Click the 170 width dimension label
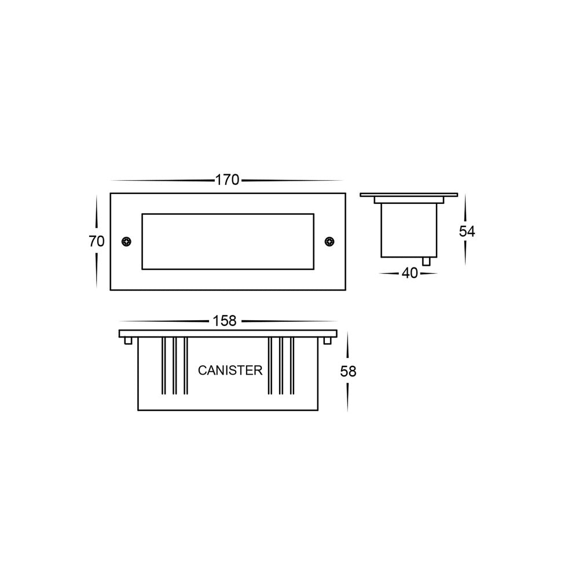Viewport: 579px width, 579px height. coord(227,180)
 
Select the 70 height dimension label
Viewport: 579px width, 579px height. coord(97,241)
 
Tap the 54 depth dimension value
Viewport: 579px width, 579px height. coord(467,231)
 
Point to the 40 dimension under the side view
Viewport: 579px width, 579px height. coord(409,273)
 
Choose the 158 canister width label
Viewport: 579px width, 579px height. coord(225,321)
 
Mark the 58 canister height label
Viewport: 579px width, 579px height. coord(348,372)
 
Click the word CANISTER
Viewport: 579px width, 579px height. coord(230,371)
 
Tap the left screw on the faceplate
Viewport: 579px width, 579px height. coord(126,241)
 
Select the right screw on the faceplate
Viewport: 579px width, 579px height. coord(329,241)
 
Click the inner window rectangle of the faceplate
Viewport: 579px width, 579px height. coord(228,241)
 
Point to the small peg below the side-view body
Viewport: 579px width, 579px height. coord(427,261)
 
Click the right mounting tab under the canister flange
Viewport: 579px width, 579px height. coord(328,341)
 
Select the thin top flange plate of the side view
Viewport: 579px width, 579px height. coord(409,195)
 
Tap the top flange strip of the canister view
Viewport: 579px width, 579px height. coord(228,334)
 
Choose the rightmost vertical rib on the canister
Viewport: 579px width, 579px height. coord(292,366)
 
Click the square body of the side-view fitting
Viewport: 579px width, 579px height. coord(409,230)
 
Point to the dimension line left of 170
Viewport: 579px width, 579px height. coord(162,181)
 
